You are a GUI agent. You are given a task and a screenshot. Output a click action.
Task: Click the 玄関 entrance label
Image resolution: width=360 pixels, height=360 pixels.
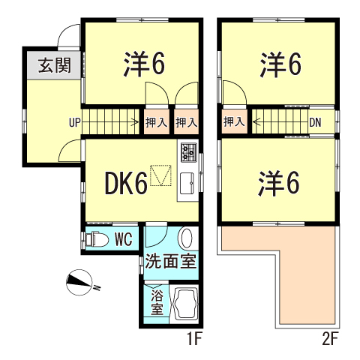(55, 65)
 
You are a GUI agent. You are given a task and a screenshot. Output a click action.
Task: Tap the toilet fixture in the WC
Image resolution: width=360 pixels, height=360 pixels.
(97, 240)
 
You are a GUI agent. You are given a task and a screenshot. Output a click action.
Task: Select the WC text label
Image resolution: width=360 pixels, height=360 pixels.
(123, 240)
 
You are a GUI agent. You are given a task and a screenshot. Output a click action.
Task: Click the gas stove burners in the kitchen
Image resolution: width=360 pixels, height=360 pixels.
(189, 152)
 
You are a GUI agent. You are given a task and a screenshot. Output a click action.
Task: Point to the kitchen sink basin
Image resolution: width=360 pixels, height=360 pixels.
(187, 183)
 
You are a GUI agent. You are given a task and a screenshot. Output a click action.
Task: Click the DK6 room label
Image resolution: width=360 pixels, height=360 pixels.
(126, 184)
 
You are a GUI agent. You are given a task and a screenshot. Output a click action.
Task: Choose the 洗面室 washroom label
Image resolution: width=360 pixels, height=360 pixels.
(171, 261)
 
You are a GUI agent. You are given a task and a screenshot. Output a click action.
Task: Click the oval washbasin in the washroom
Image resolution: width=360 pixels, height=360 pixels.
(186, 238)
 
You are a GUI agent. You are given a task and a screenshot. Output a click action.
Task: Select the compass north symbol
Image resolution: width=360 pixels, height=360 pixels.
(79, 283)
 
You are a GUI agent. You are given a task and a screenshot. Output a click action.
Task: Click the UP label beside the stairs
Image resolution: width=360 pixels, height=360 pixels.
(75, 123)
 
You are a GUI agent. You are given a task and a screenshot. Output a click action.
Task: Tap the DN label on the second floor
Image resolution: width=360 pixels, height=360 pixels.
(315, 122)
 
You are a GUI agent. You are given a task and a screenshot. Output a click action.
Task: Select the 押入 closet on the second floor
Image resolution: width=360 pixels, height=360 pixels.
(234, 121)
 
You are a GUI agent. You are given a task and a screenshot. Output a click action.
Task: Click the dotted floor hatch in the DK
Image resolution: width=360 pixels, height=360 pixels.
(160, 175)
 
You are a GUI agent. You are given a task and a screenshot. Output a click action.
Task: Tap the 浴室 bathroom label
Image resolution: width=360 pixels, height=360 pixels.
(157, 303)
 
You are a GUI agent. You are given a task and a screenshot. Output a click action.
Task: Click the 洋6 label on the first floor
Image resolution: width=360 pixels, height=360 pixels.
(144, 64)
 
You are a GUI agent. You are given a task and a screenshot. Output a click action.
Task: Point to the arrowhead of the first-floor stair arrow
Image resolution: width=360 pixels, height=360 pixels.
(137, 122)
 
